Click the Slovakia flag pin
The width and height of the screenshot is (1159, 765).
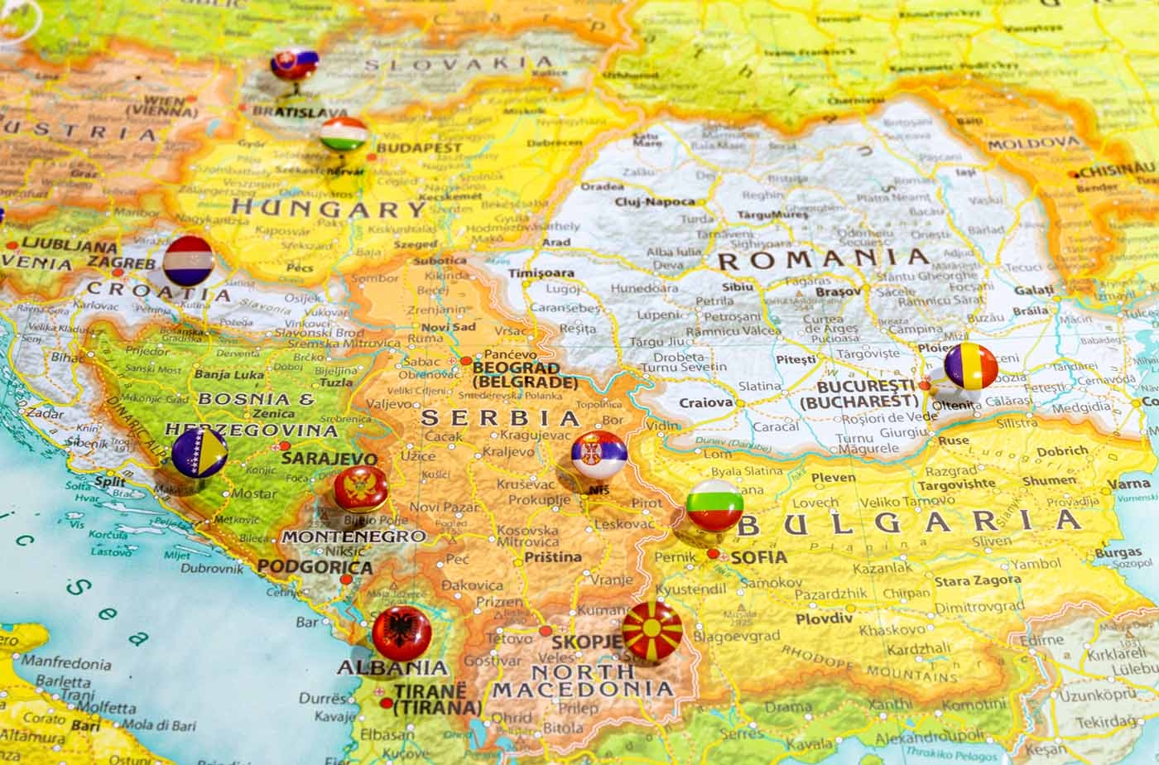coord(295,64)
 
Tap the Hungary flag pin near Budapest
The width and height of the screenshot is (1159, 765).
coord(344,134)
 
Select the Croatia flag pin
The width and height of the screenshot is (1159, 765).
coord(188,260)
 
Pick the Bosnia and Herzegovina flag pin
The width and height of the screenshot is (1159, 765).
coord(200,452)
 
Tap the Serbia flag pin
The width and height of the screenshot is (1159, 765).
coord(599,455)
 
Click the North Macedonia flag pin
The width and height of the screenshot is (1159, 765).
coord(652,631)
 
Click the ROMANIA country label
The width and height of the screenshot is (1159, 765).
coord(824,259)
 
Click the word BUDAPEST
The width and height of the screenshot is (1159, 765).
coord(419,147)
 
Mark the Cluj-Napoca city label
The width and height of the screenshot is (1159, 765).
coord(654,201)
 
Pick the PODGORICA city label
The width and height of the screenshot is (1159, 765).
coord(315,567)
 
